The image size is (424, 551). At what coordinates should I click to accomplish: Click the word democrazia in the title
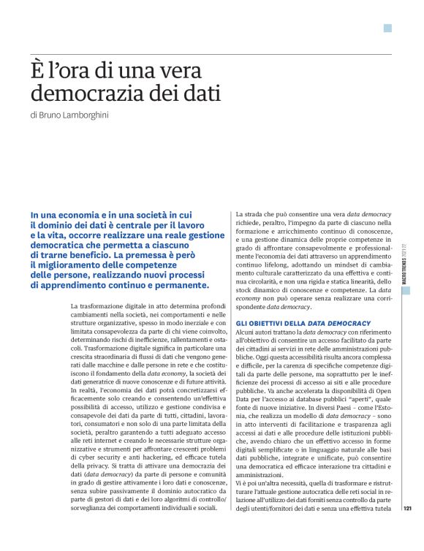pyautogui.click(x=86, y=94)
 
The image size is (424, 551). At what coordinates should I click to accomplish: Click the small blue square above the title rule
pyautogui.click(x=387, y=28)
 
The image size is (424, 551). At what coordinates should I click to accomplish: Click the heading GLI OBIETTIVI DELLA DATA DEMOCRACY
pyautogui.click(x=303, y=323)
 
